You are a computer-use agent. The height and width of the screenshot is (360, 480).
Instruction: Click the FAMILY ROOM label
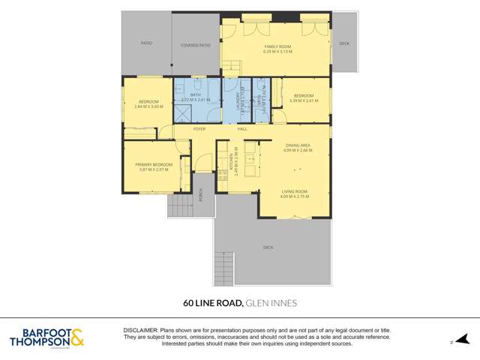click(277, 46)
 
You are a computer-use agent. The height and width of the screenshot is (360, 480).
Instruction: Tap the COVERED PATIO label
click(195, 45)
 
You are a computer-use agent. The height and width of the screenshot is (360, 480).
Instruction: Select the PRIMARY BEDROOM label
click(154, 164)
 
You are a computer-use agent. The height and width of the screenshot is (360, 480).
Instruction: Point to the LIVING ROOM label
click(293, 191)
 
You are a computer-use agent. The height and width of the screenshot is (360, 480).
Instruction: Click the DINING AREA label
click(298, 145)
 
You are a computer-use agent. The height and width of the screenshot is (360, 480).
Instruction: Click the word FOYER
click(199, 129)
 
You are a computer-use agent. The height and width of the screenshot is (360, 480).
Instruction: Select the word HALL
click(242, 129)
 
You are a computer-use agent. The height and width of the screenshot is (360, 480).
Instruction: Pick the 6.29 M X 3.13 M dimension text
click(277, 52)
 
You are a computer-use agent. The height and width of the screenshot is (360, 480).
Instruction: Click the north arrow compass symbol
click(461, 340)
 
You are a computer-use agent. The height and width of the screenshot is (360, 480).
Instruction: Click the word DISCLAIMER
click(140, 330)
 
